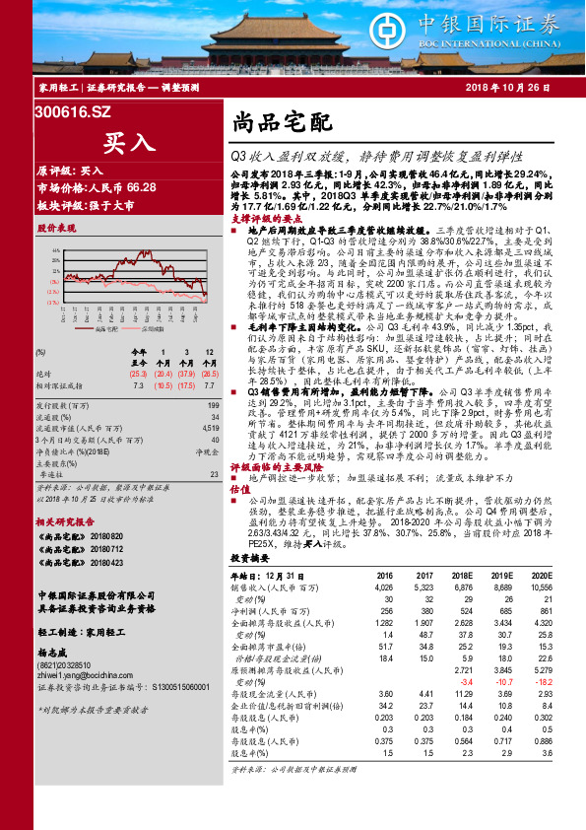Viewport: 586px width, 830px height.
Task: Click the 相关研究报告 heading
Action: coord(66,520)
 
